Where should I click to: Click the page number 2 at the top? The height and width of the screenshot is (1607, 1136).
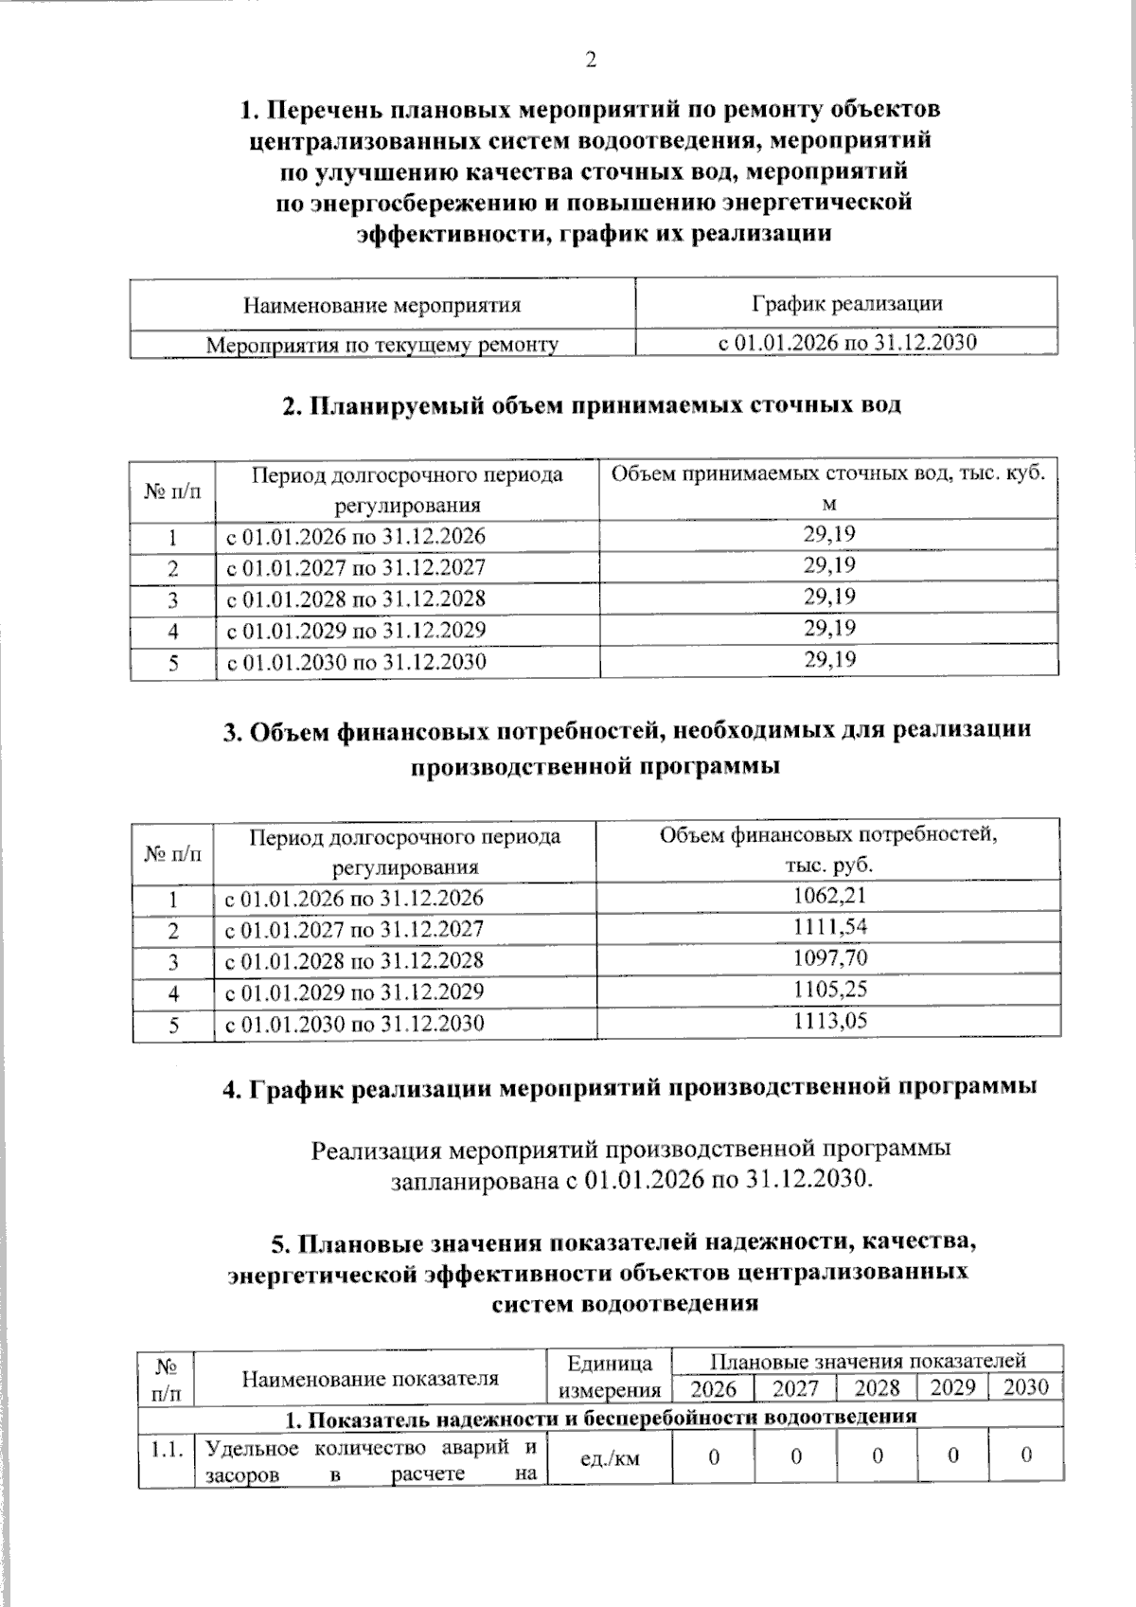coord(591,60)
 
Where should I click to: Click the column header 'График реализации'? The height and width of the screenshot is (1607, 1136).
coord(846,303)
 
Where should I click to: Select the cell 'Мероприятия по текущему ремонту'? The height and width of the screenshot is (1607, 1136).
coord(382,345)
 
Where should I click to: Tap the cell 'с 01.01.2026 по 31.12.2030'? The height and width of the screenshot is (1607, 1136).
coord(846,343)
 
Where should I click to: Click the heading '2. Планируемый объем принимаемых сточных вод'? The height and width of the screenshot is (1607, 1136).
coord(593,405)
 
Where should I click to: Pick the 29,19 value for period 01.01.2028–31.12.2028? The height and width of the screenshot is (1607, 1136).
coord(829,597)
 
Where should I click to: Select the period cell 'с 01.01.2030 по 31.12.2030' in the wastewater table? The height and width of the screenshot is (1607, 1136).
coord(355,661)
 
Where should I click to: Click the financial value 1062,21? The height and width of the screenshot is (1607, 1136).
coord(829,896)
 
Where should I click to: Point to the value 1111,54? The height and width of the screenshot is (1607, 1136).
coord(829,927)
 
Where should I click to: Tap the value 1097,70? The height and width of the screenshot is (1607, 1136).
coord(829,958)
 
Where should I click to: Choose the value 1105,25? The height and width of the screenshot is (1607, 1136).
coord(829,990)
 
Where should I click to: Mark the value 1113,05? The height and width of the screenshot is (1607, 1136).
coord(829,1021)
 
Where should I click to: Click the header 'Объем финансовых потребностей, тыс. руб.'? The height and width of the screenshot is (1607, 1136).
coord(828,849)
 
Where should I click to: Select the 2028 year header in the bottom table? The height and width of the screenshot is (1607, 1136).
coord(877,1387)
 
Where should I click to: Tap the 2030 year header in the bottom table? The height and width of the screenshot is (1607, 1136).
coord(1025,1387)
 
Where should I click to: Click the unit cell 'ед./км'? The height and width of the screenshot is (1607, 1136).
coord(609,1458)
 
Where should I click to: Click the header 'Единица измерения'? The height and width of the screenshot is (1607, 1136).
coord(609,1376)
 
